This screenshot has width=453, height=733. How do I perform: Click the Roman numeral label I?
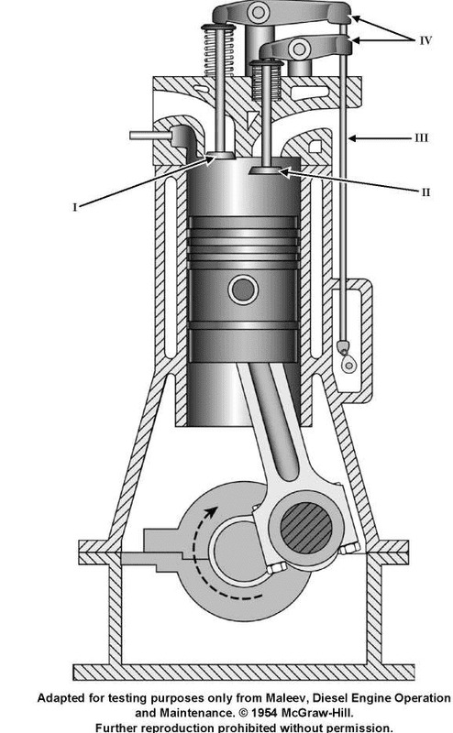point(75,207)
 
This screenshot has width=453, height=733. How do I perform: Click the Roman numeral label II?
point(425,191)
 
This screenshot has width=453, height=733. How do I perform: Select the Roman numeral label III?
point(421,139)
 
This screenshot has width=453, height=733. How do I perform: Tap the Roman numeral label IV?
point(425,40)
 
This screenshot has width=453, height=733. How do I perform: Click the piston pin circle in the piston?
point(243,290)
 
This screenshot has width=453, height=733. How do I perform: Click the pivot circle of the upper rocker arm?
point(257,12)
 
